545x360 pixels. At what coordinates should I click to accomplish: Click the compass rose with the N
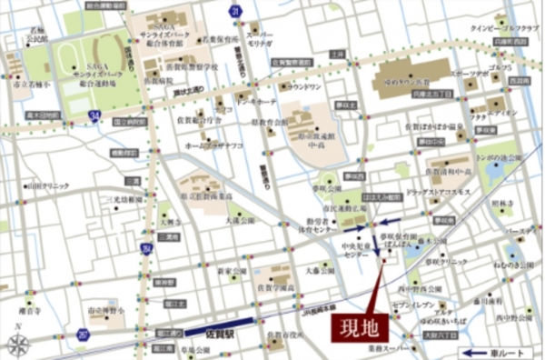coord(18,344)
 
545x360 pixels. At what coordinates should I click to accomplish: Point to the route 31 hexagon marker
coord(234,10)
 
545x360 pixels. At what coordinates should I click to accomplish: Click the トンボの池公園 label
coord(503,157)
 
